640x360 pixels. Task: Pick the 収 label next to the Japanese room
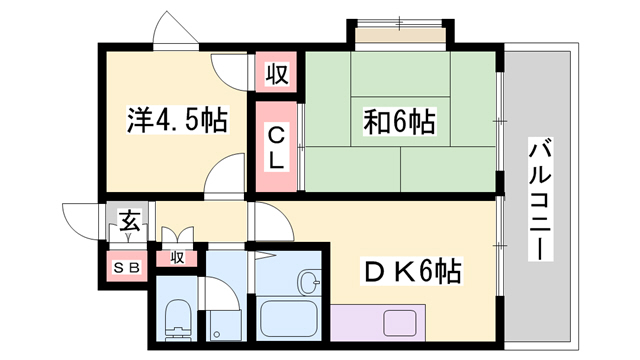pyautogui.click(x=277, y=73)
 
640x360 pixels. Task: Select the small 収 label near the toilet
pyautogui.click(x=177, y=258)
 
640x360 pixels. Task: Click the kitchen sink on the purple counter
pyautogui.click(x=402, y=324)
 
